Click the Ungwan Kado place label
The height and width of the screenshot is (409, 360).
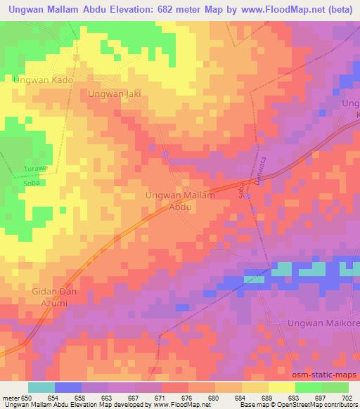pyautogui.click(x=43, y=81)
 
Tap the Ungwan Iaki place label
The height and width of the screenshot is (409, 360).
pyautogui.click(x=115, y=93)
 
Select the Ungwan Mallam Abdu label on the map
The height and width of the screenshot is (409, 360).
pyautogui.click(x=179, y=200)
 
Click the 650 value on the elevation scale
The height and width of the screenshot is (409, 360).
pyautogui.click(x=27, y=398)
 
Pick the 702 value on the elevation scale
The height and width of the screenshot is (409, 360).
pyautogui.click(x=347, y=398)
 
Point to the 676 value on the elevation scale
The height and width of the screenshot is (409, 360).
pyautogui.click(x=187, y=398)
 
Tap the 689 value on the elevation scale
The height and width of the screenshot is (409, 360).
pyautogui.click(x=267, y=398)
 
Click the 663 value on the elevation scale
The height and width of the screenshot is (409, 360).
pyautogui.click(x=107, y=398)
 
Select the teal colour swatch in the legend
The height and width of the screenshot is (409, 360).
pyautogui.click(x=41, y=387)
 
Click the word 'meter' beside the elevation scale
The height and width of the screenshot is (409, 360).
pyautogui.click(x=10, y=398)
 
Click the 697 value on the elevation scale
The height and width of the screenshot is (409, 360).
pyautogui.click(x=321, y=398)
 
